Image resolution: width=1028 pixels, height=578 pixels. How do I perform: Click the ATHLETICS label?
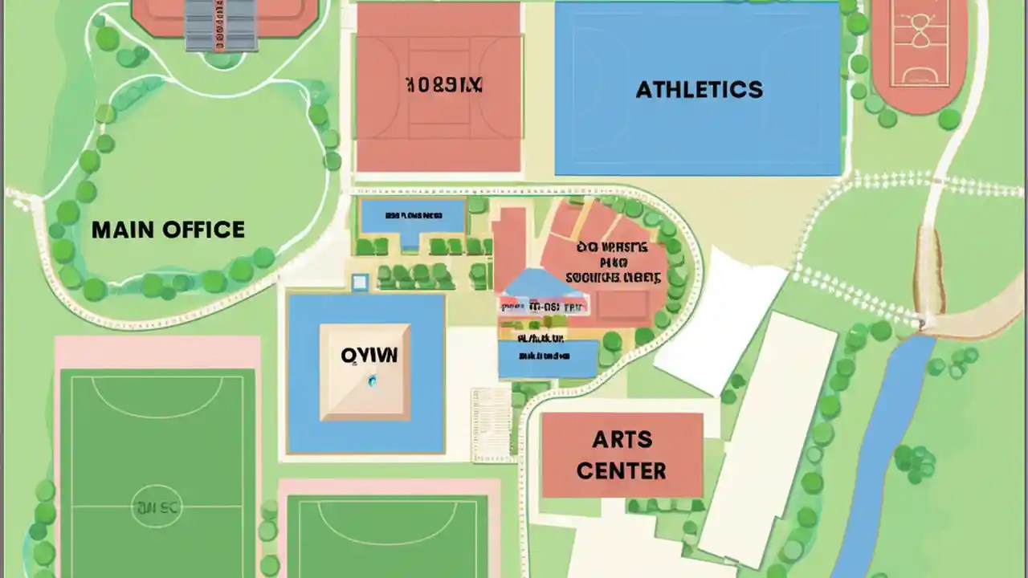click(x=699, y=89)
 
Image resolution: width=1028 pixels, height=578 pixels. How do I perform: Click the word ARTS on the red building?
click(x=622, y=440)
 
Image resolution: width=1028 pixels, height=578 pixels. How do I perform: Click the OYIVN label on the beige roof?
click(x=369, y=356)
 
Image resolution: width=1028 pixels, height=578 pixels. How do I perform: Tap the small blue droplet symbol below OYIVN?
click(x=371, y=382)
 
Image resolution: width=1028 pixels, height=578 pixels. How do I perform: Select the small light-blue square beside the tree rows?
click(x=360, y=282)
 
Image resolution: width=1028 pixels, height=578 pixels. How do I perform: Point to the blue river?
click(x=883, y=450)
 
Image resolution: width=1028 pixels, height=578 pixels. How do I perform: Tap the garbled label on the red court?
click(x=443, y=85)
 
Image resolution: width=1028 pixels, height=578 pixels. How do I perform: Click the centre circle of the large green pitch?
click(x=157, y=507)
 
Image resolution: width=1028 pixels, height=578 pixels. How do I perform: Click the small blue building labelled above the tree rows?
click(x=413, y=217)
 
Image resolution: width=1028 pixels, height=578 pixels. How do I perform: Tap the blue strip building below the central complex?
click(x=548, y=357)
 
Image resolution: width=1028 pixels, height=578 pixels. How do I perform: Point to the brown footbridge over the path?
click(x=928, y=273)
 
